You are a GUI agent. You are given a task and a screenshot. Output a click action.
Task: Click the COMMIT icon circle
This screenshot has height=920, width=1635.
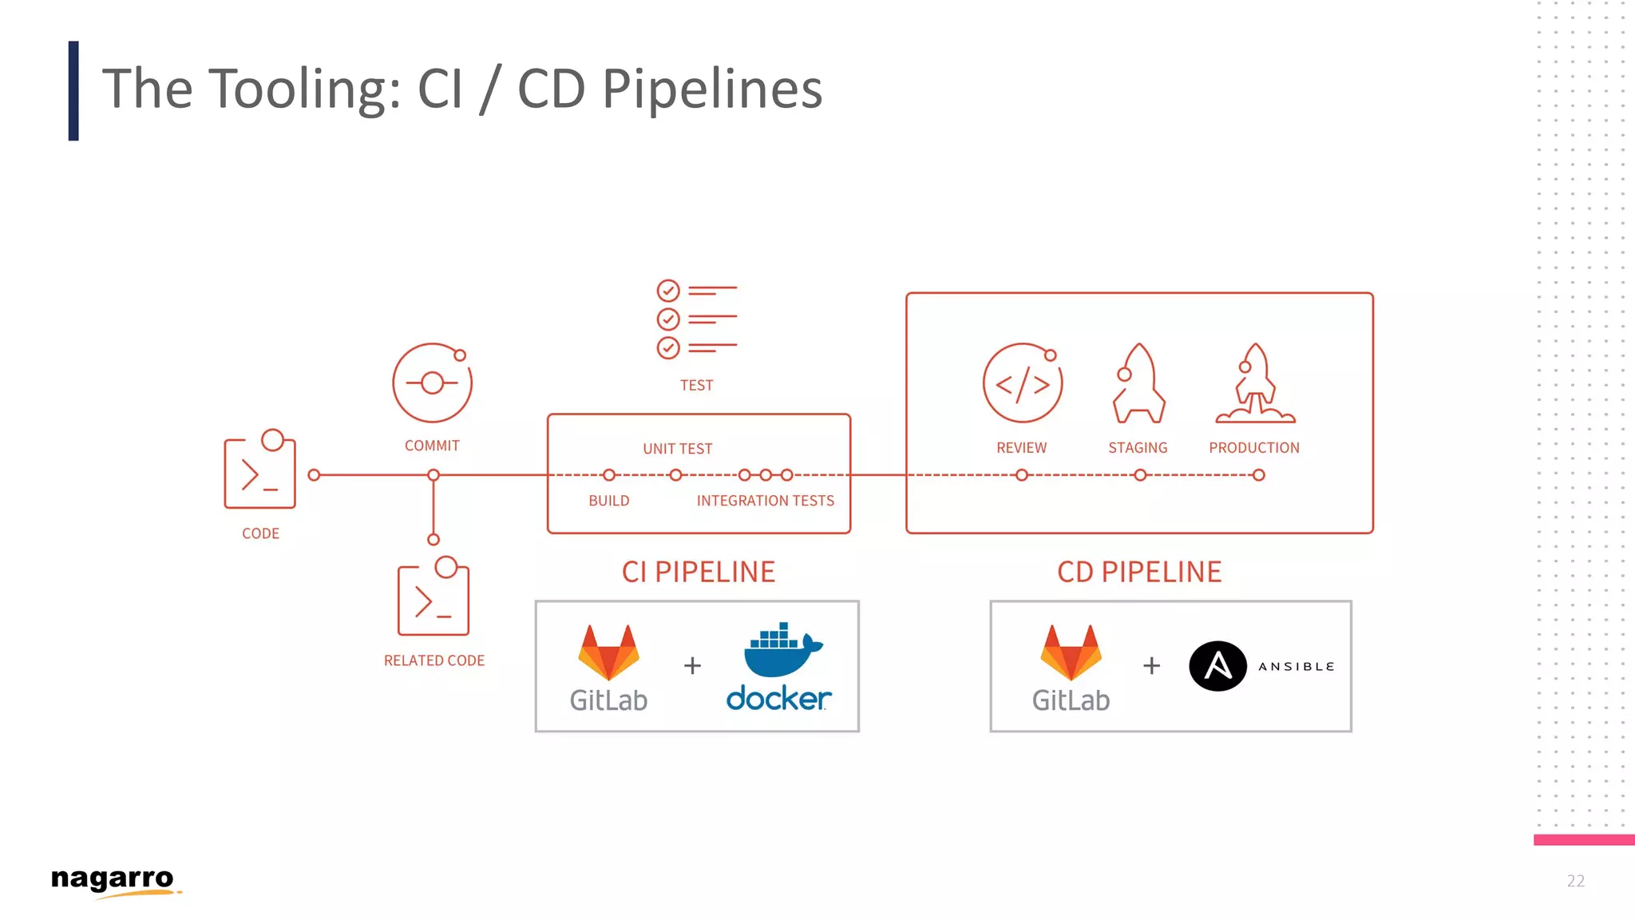(x=432, y=383)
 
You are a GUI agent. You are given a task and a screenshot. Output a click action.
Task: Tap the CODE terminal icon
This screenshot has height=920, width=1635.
(x=259, y=471)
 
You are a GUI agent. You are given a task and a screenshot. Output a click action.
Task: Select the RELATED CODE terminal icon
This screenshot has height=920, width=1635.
(x=433, y=599)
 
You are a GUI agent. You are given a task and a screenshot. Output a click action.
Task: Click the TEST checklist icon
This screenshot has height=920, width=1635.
(x=695, y=319)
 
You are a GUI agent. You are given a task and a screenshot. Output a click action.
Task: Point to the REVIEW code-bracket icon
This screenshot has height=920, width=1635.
(x=1022, y=383)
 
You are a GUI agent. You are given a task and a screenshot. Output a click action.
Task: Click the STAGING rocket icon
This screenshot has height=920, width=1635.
(x=1138, y=384)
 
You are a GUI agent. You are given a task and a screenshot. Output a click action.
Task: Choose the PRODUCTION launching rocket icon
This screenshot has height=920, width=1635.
(x=1255, y=384)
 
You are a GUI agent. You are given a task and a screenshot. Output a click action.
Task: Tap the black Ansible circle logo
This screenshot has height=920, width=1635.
(x=1217, y=666)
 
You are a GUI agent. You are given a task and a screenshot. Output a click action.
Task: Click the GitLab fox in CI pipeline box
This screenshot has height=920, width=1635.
(x=608, y=652)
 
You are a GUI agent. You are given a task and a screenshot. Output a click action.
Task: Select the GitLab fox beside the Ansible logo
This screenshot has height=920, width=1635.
(x=1071, y=652)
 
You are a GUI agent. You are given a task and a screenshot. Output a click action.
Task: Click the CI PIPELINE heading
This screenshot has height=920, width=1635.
(x=699, y=572)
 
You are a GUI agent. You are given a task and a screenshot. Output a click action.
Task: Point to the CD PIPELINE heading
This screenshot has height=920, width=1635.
(x=1139, y=572)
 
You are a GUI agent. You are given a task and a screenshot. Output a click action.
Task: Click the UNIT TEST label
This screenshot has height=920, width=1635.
(x=677, y=449)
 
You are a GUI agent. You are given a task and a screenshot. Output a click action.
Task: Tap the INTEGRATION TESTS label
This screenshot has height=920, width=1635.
(x=765, y=501)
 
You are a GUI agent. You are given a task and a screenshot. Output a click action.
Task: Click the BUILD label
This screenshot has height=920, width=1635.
(x=609, y=501)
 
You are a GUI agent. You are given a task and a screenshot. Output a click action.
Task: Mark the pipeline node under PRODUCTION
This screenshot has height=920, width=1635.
(x=1258, y=475)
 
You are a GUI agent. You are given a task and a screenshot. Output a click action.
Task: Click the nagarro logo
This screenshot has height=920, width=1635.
(x=113, y=880)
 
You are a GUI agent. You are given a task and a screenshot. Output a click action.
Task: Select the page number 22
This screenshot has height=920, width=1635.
(x=1575, y=881)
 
